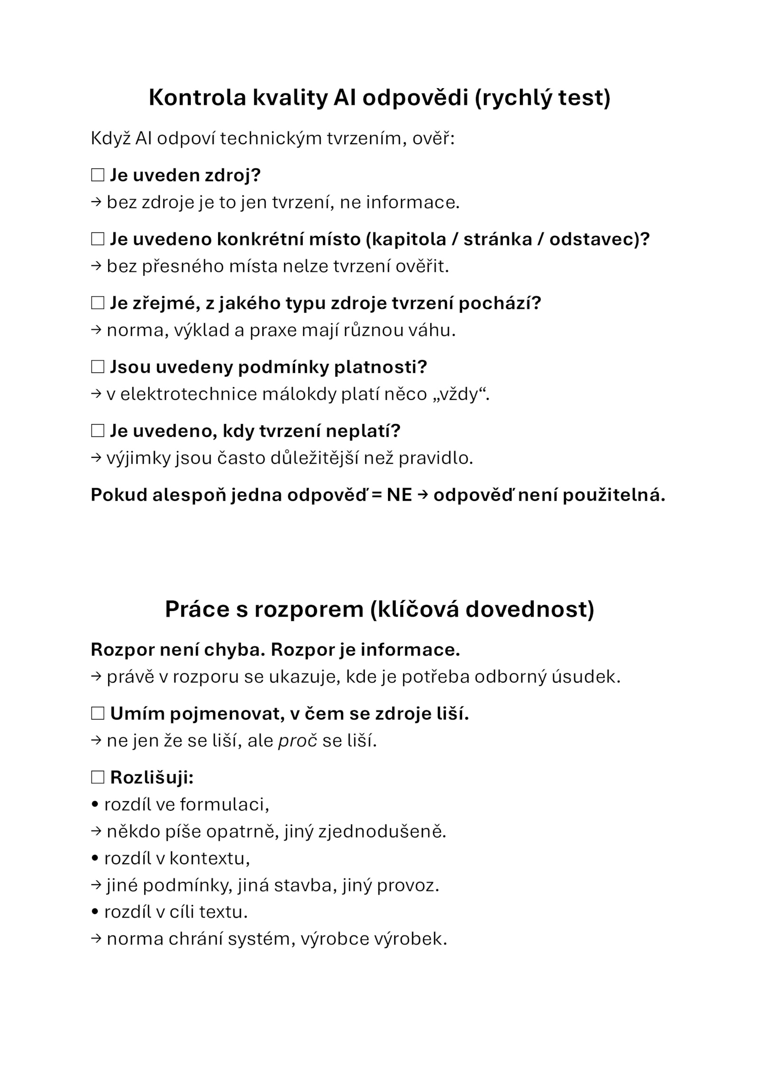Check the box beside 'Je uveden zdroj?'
(97, 176)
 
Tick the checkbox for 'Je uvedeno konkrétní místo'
(97, 239)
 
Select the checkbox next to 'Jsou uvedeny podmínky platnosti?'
(97, 367)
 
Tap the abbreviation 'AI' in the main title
(345, 98)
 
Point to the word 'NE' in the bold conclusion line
(399, 495)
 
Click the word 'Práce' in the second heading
(194, 609)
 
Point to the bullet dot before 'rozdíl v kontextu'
(95, 859)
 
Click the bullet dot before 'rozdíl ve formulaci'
(95, 805)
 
